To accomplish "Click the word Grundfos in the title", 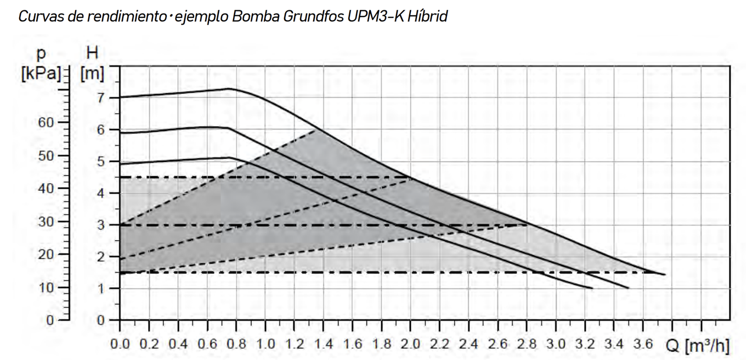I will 314,16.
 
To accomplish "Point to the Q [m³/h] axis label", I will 698,346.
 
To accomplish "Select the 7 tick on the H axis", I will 100,98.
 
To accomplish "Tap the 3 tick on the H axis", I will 100,225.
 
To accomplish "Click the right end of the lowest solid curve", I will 592,288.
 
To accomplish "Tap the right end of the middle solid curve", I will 629,288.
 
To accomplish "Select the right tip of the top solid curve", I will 665,274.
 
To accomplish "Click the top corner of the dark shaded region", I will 316,130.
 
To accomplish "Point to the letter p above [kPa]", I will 41,54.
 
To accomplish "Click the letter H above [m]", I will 93,53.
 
